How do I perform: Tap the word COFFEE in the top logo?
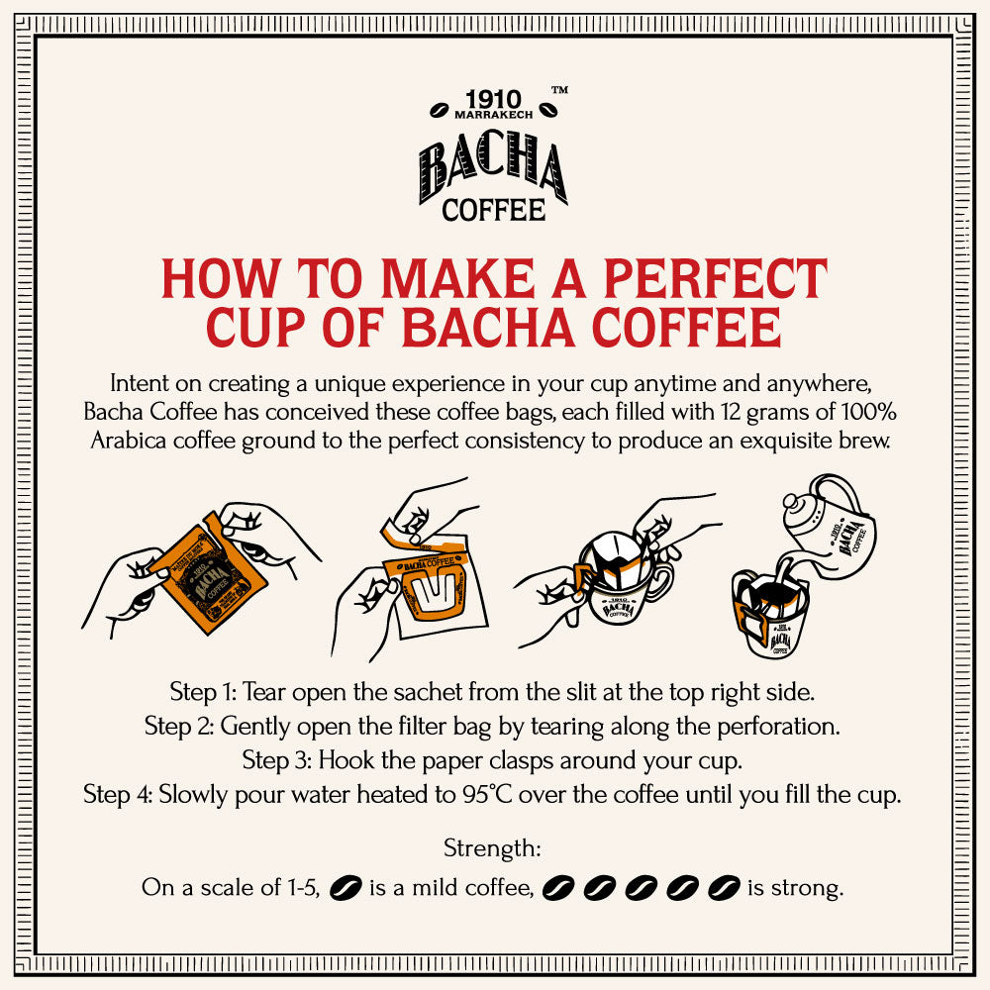[x=493, y=210]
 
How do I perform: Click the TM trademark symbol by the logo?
[x=558, y=90]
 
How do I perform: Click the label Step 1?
[x=203, y=689]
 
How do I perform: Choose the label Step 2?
[x=178, y=726]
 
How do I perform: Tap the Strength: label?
[x=492, y=848]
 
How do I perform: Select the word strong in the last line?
[x=808, y=888]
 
